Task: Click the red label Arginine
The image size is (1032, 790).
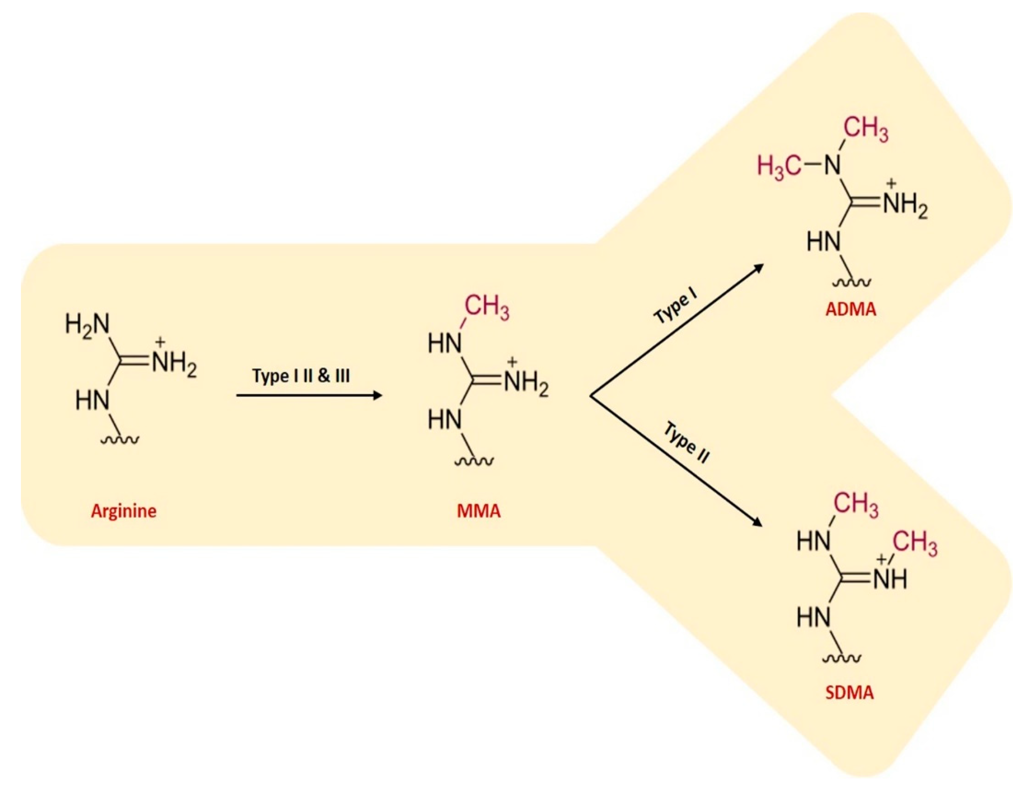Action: point(124,511)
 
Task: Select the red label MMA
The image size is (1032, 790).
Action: point(479,511)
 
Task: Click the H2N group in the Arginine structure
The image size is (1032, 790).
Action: point(87,324)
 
